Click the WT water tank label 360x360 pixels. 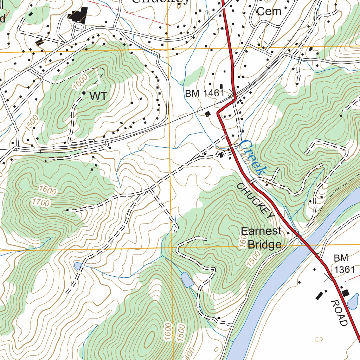click(98, 96)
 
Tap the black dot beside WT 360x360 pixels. click(84, 93)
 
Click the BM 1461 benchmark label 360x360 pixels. click(205, 93)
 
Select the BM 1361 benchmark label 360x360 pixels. click(344, 264)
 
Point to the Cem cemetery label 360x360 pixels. click(269, 11)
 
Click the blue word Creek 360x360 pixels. click(252, 157)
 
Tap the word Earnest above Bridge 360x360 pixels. click(261, 231)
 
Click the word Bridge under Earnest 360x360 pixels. click(264, 244)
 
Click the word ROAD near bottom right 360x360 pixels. click(339, 313)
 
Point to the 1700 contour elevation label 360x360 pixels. click(41, 202)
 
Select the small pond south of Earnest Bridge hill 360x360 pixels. click(187, 280)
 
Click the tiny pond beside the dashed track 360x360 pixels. click(78, 265)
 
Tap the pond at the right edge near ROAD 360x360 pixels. click(353, 302)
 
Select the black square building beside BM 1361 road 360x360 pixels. click(345, 292)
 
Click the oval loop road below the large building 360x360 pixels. click(79, 27)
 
